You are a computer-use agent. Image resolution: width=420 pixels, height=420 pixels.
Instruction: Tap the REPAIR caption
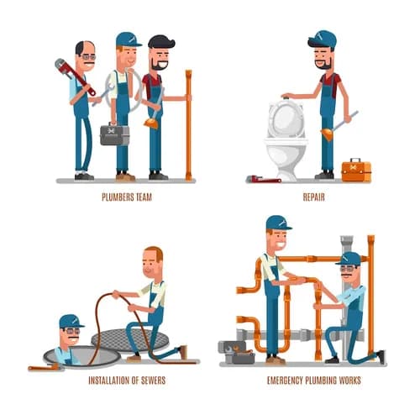tap(314, 197)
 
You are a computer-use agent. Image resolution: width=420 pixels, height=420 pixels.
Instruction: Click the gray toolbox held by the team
tap(115, 134)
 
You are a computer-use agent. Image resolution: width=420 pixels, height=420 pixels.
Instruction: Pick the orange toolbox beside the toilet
tap(356, 169)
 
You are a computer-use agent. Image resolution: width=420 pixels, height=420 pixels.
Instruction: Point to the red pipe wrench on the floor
tap(264, 179)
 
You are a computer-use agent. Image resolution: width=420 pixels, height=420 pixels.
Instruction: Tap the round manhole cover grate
tap(130, 340)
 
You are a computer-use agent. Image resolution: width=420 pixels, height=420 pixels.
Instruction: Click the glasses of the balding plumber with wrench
tap(89, 57)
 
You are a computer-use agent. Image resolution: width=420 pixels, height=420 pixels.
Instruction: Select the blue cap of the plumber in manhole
tap(71, 321)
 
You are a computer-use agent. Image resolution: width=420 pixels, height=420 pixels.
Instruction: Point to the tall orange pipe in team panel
tap(189, 125)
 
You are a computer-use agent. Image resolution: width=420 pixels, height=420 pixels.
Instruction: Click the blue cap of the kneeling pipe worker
tap(349, 258)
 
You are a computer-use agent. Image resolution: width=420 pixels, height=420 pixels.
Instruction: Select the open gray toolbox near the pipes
tap(237, 352)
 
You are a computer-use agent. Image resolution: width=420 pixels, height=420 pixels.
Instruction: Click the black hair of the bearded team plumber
tap(161, 42)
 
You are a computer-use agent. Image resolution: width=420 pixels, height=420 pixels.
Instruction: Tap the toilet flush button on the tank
tap(286, 97)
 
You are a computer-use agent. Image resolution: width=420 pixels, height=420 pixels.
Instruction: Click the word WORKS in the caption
tap(349, 381)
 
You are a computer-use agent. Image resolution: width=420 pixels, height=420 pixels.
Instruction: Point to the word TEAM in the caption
tap(144, 197)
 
